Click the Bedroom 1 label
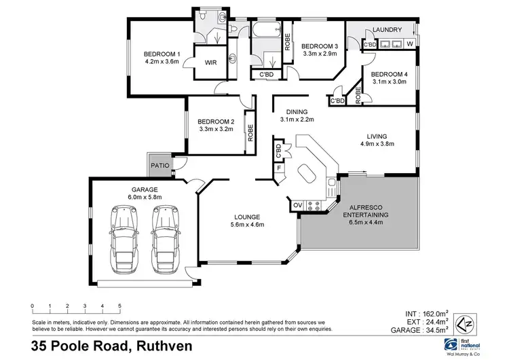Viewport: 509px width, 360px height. [161, 54]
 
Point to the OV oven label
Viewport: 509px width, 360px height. [297, 204]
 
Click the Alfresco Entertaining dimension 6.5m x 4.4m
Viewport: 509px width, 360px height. [369, 221]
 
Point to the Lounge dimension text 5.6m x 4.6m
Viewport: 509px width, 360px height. [247, 224]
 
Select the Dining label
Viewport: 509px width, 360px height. [297, 112]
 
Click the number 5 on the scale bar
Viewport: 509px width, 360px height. [119, 306]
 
